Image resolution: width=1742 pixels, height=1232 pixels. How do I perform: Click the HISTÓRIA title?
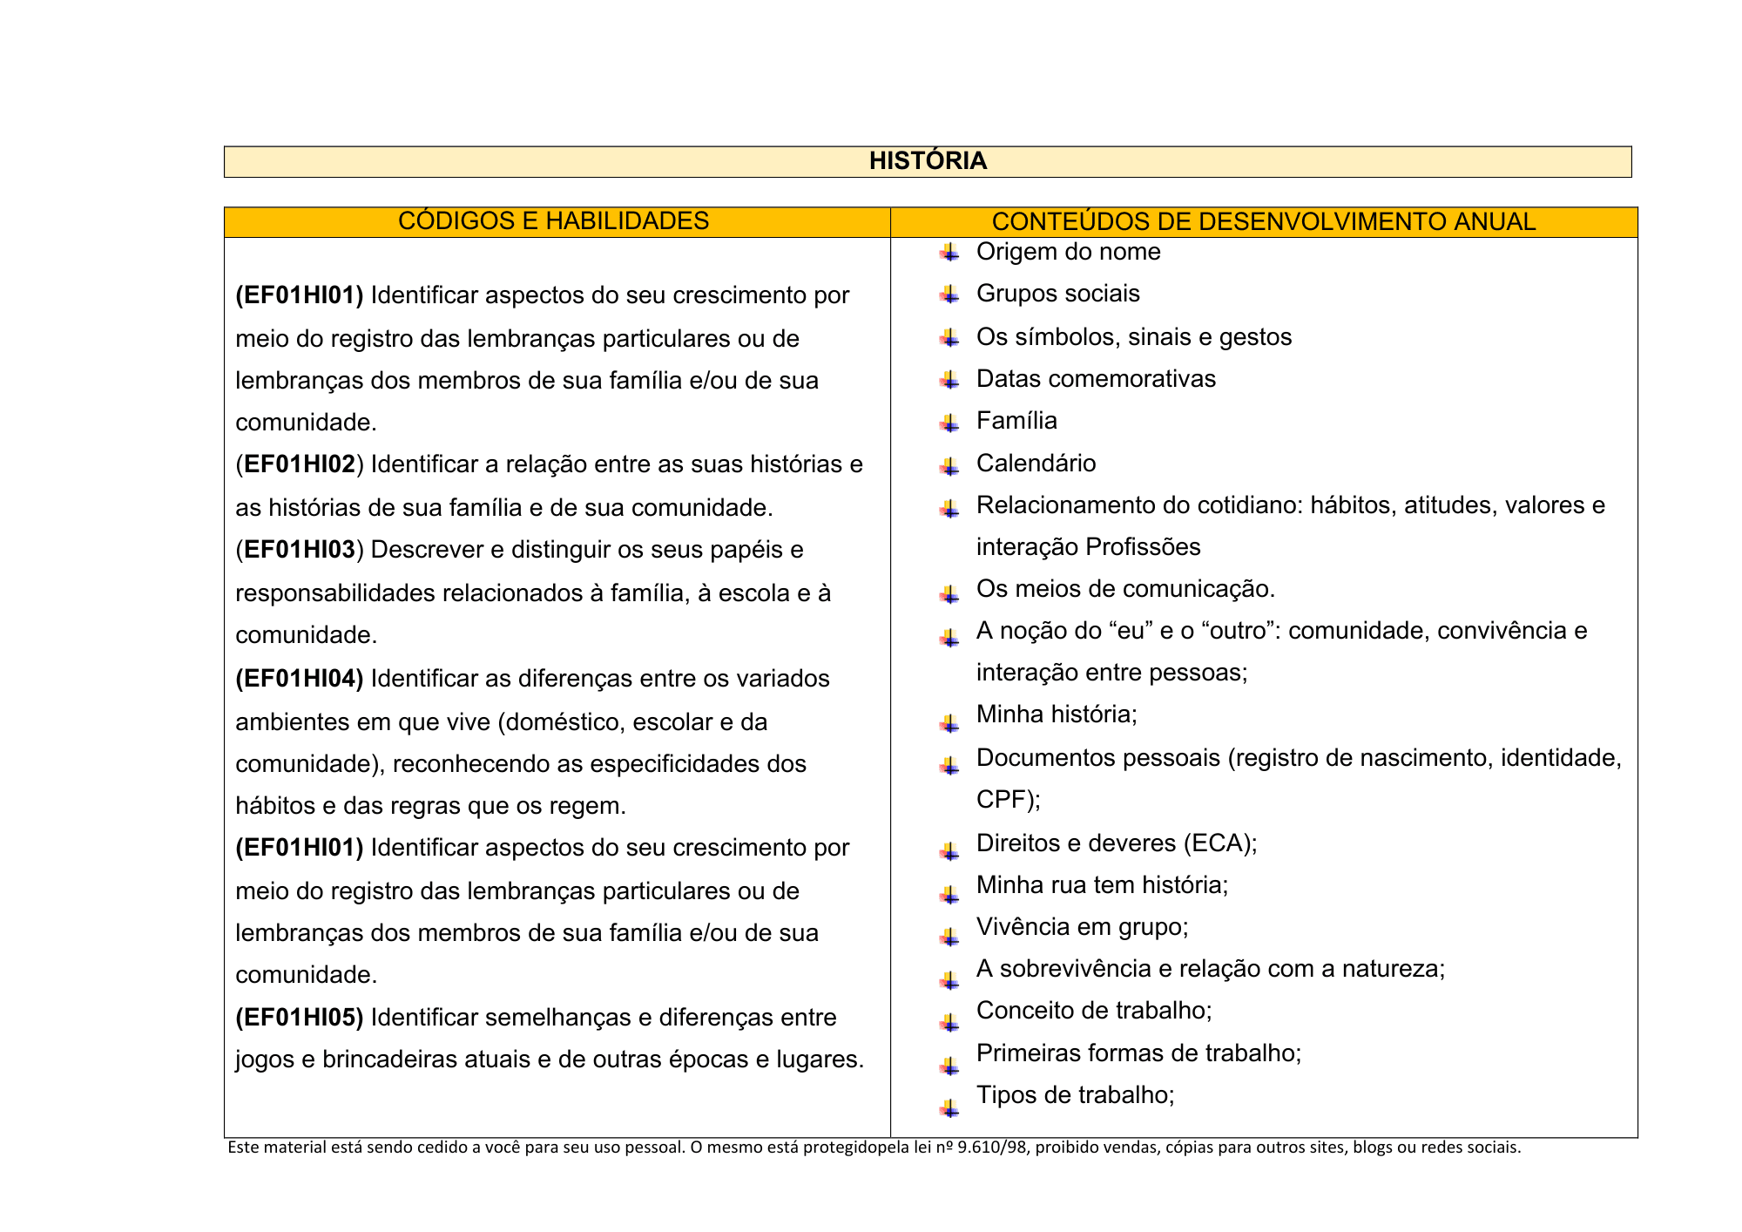(928, 161)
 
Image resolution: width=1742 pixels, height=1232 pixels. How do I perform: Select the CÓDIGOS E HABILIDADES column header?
(553, 221)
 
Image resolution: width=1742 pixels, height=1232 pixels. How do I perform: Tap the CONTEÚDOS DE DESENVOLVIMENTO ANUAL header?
(1263, 222)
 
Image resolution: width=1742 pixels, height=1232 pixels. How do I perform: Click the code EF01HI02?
(300, 464)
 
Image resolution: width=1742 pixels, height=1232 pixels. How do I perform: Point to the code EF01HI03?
(300, 550)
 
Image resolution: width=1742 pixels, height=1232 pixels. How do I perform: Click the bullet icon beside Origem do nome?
(949, 254)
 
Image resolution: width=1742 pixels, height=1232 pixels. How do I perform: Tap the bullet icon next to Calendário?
(949, 466)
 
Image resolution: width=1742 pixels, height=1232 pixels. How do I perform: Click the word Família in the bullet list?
(1016, 421)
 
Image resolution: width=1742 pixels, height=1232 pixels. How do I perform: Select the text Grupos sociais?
(1057, 294)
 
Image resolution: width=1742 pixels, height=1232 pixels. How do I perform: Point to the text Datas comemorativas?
(1096, 379)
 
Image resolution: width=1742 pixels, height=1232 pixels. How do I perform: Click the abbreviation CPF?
(1002, 800)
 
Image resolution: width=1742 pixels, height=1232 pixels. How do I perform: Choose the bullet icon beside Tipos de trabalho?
(949, 1108)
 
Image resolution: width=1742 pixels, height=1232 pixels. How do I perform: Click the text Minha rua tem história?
(1102, 885)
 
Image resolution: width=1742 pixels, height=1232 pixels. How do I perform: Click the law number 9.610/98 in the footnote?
(992, 1147)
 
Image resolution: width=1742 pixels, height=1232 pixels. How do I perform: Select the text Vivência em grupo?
(1082, 926)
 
